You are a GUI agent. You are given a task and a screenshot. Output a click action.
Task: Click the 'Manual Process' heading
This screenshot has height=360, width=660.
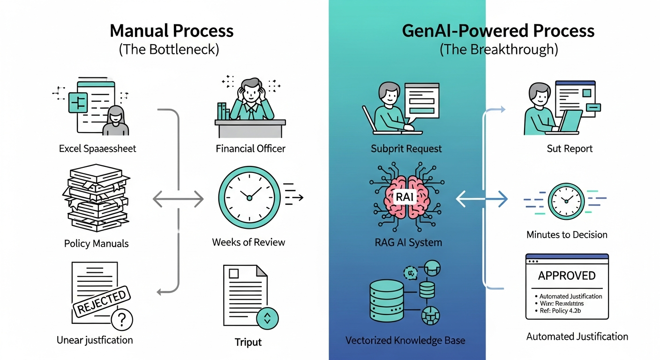tap(171, 31)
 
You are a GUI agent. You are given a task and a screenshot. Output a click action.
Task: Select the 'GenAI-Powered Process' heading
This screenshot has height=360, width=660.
tap(498, 31)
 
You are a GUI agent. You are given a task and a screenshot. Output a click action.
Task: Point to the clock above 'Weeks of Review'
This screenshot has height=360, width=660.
tap(249, 197)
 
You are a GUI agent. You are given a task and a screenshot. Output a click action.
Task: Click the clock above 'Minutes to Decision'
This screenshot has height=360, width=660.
tap(566, 201)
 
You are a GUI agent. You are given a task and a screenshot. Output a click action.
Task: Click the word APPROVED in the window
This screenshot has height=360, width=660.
tap(566, 275)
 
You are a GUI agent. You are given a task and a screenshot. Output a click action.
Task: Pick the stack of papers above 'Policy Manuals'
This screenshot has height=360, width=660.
tap(97, 199)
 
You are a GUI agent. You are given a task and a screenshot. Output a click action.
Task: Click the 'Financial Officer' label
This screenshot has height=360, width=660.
tap(250, 149)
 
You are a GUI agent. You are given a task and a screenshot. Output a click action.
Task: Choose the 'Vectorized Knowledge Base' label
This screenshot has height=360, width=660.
tap(405, 340)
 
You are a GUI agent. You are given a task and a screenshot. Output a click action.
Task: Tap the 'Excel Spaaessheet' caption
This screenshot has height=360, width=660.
tap(97, 149)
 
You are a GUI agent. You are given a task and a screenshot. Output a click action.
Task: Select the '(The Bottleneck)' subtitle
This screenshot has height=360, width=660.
tap(169, 50)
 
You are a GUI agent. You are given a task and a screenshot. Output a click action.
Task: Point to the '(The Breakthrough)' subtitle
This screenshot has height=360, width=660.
tap(498, 50)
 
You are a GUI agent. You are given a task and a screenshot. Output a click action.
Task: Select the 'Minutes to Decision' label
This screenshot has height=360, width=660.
tap(567, 234)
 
